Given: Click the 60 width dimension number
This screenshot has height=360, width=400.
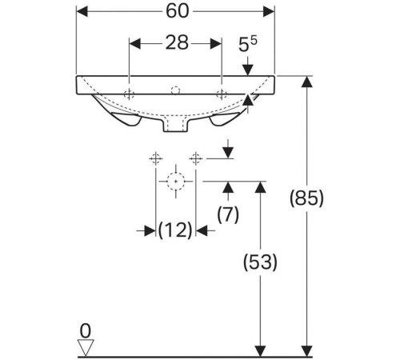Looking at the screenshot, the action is click(178, 11).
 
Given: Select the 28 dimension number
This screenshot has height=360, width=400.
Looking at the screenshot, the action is click(177, 42).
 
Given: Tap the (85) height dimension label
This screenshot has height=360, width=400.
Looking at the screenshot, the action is click(306, 198).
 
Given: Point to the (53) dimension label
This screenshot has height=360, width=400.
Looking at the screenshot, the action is click(260, 262).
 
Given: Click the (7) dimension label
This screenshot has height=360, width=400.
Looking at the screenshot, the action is click(228, 214).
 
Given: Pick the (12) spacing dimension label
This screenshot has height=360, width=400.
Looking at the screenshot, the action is click(175, 230).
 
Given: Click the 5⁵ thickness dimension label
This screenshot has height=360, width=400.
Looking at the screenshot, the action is click(247, 43).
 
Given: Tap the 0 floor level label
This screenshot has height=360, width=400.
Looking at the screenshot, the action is click(86, 331).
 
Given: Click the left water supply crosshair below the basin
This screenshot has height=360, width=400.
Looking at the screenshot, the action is click(155, 159).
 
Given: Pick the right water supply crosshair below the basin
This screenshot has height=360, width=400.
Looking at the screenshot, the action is click(196, 159).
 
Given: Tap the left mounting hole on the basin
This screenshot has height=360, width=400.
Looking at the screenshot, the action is click(129, 94).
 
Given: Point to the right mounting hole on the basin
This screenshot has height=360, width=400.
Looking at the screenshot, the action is click(222, 94).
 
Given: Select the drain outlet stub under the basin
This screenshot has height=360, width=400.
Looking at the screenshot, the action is click(175, 124).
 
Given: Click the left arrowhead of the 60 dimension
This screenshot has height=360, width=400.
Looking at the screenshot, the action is click(82, 11).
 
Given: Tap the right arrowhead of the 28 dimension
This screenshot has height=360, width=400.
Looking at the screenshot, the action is click(216, 43).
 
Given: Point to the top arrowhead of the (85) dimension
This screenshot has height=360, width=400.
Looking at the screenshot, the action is click(306, 82).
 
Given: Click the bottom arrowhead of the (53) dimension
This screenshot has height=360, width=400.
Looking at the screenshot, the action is click(260, 351).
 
